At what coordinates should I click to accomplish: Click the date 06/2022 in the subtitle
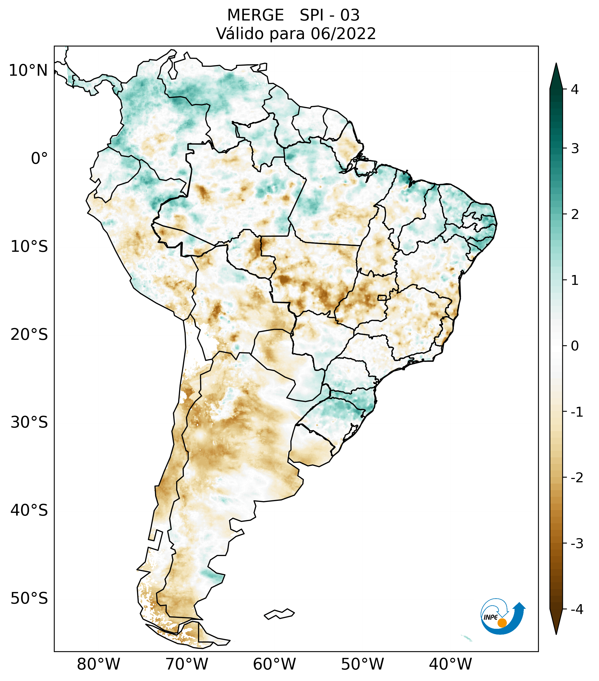click(343, 34)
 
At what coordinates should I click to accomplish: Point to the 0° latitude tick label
click(39, 159)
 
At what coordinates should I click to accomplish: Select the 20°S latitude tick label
click(29, 335)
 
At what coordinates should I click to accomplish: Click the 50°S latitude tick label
click(29, 599)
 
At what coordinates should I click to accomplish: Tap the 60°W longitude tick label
click(274, 664)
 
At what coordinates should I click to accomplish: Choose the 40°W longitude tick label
click(451, 664)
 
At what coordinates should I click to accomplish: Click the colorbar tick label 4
click(575, 89)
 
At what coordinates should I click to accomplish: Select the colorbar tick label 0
click(575, 346)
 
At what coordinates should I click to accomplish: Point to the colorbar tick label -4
click(577, 609)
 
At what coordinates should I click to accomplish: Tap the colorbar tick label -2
click(577, 478)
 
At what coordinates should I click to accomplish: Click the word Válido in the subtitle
click(239, 34)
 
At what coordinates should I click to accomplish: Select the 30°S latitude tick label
click(29, 422)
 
